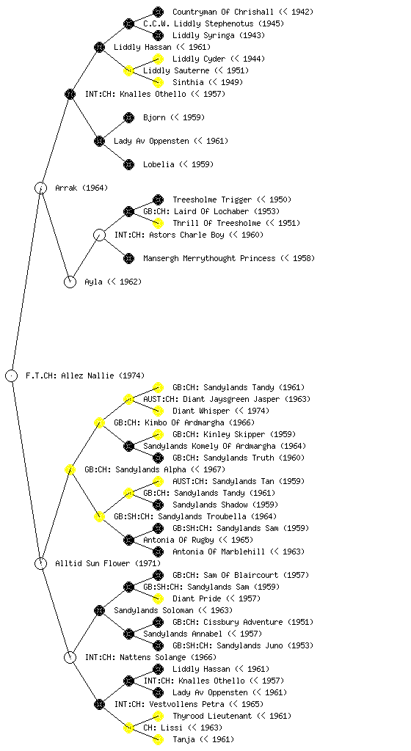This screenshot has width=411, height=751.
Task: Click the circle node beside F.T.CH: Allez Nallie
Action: point(12,375)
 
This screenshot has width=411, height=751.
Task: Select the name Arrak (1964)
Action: point(81,188)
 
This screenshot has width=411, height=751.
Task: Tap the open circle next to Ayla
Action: point(70,282)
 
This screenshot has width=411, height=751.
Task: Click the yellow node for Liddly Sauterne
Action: point(128,70)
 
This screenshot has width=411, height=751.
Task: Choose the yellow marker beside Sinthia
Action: point(158,82)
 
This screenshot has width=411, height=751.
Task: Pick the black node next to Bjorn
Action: point(128,117)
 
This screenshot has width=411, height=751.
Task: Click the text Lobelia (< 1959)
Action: point(178,164)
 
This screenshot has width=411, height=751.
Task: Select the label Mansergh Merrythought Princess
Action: point(209,258)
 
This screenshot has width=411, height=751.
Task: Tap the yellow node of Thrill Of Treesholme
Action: point(158,223)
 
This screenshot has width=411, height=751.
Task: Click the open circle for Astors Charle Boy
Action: point(99,235)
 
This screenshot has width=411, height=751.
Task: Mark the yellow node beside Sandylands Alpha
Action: point(70,469)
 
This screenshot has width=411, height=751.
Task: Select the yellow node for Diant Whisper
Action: point(158,411)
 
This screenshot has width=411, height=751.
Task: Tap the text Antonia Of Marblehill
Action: point(219,552)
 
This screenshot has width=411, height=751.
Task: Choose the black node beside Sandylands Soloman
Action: point(99,610)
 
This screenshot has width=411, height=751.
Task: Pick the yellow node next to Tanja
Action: point(158,739)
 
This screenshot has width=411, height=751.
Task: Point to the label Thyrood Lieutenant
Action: point(211,716)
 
